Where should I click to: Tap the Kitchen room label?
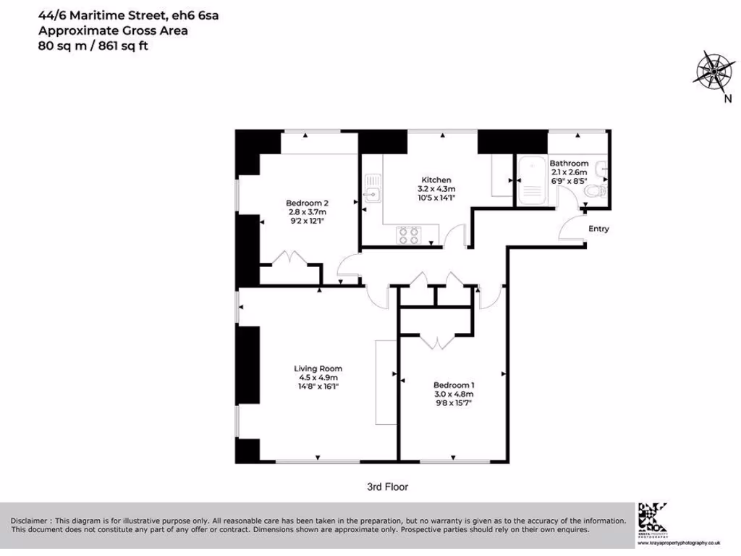[436, 180]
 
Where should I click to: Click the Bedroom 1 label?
[454, 384]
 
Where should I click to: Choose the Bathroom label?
[569, 164]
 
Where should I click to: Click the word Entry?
[598, 229]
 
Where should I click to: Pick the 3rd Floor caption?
[389, 487]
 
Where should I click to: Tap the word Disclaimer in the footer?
[30, 521]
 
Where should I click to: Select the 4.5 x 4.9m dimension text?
[318, 377]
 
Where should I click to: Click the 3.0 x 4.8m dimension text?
[454, 394]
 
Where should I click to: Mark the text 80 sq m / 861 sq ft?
[96, 45]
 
